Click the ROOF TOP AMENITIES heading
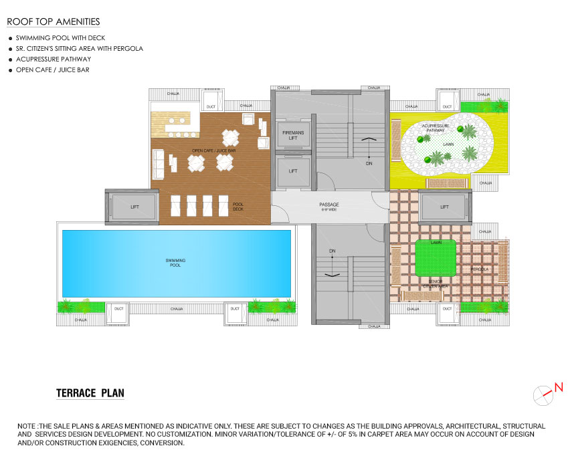point(53,22)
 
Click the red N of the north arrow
point(559,386)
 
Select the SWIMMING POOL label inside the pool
point(175,262)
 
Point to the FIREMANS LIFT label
point(292,135)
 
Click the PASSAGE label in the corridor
point(329,205)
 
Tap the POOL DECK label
point(238,207)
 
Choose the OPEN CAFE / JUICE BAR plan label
point(213,150)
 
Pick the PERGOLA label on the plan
point(480,269)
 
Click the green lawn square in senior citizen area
point(436,258)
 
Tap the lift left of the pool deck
point(134,207)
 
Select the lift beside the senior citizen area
point(444,207)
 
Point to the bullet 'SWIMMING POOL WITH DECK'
point(60,38)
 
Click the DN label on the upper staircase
point(369,162)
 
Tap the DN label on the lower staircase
point(332,251)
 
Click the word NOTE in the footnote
point(27,426)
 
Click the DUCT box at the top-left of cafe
point(211,106)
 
